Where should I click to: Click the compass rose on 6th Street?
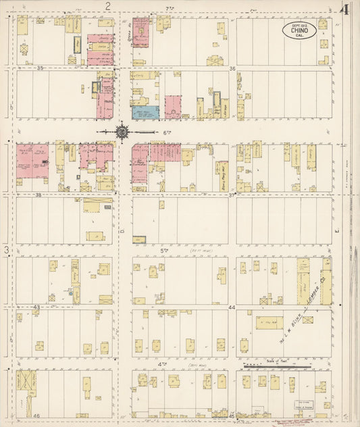click(122, 132)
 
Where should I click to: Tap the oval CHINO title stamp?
click(299, 30)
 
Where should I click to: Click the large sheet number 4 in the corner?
click(344, 9)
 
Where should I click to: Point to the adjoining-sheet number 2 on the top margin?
click(107, 6)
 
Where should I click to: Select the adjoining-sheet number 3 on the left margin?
click(7, 251)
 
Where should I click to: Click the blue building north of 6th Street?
click(145, 113)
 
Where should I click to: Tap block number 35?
click(40, 68)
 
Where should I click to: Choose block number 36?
click(232, 68)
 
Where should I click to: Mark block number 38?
click(40, 195)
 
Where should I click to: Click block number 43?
click(37, 307)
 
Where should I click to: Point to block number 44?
click(232, 307)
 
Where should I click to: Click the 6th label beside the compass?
click(166, 132)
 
